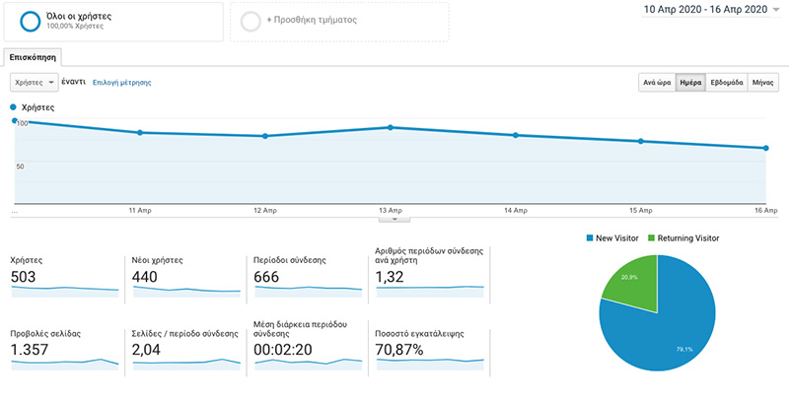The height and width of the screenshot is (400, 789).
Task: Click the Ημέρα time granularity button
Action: click(x=690, y=83)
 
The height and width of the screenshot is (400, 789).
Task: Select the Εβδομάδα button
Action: click(x=726, y=83)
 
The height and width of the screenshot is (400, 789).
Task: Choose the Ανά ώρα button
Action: click(x=657, y=83)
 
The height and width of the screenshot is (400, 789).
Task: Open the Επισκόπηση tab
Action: click(x=33, y=58)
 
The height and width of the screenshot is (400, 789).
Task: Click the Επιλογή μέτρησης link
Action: click(x=121, y=83)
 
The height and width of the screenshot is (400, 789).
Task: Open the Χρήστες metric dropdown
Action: click(x=34, y=83)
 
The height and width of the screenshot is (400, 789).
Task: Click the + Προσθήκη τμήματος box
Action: click(x=338, y=20)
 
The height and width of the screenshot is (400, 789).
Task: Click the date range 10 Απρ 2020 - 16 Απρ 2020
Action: click(x=704, y=9)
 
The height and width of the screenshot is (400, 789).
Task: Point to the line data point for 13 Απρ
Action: click(x=391, y=127)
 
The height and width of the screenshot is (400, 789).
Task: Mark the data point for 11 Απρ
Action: click(x=141, y=132)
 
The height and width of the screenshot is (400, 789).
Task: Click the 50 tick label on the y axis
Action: click(x=20, y=166)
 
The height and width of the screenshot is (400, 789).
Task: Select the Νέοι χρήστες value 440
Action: click(x=145, y=278)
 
